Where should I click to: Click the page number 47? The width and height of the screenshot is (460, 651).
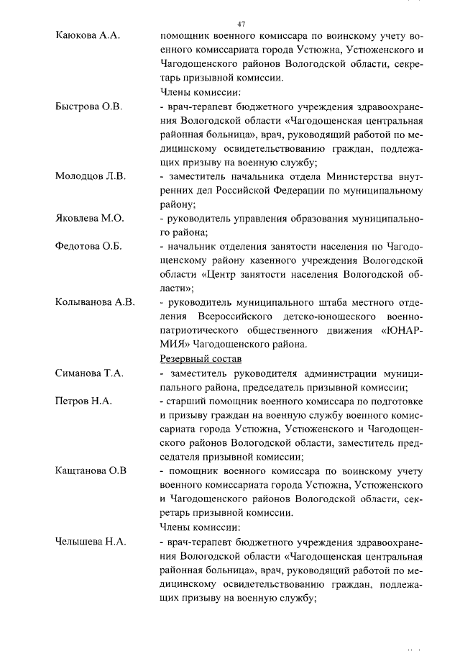(x=241, y=24)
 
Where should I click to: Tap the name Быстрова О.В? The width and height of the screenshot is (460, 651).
(x=88, y=106)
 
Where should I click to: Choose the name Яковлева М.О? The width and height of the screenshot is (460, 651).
(x=89, y=218)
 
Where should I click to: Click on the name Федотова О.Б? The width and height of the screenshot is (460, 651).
(x=88, y=246)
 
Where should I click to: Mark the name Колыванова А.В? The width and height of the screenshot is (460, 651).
(x=95, y=302)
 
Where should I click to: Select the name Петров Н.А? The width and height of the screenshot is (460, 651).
(x=83, y=401)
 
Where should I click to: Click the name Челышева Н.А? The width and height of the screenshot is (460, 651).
(x=91, y=542)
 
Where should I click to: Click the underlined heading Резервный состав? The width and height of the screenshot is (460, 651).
(x=199, y=358)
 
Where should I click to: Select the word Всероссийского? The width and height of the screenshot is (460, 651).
(x=243, y=317)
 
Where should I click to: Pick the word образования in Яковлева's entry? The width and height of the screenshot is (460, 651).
(x=323, y=218)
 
